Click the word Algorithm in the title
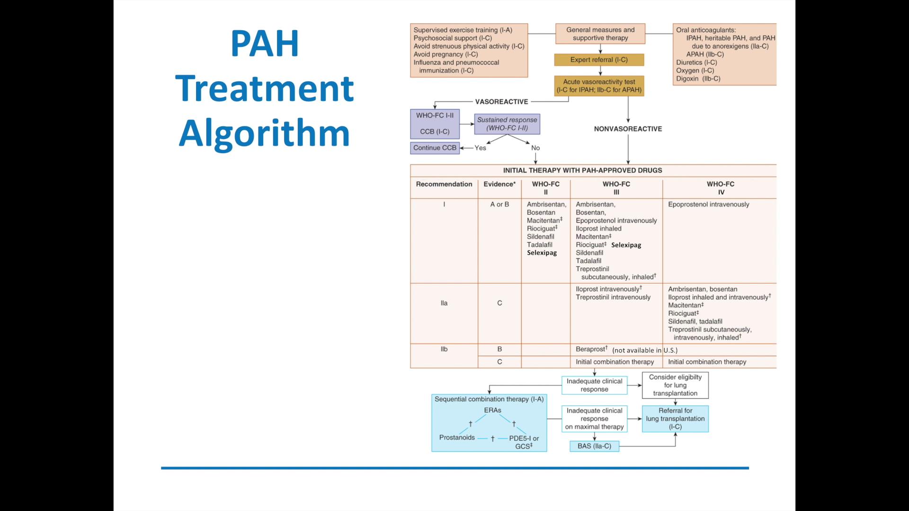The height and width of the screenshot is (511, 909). [264, 133]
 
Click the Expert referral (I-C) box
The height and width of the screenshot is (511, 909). [599, 60]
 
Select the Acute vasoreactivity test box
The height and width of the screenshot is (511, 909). [599, 86]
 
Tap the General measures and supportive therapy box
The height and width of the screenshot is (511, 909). [600, 34]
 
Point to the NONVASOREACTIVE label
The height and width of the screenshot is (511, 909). [628, 129]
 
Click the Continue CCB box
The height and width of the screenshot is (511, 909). [435, 148]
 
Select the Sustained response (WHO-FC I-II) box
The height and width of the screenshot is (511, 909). [507, 123]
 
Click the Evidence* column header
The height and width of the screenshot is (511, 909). [499, 184]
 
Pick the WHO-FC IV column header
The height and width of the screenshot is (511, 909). [720, 188]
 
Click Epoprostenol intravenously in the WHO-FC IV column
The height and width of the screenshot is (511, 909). [708, 204]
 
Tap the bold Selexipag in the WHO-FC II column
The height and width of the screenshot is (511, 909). [542, 253]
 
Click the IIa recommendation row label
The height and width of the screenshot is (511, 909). [444, 303]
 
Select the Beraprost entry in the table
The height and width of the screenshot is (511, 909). [591, 349]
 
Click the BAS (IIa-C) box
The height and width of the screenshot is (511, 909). [594, 446]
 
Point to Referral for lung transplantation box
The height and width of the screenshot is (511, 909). [675, 419]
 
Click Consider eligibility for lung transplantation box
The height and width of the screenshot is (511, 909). [675, 385]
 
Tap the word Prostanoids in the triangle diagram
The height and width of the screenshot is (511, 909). [456, 437]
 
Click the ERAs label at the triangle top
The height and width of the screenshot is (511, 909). [492, 410]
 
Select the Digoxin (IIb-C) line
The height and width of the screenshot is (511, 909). [698, 79]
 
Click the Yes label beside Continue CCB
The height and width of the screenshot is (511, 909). [480, 148]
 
